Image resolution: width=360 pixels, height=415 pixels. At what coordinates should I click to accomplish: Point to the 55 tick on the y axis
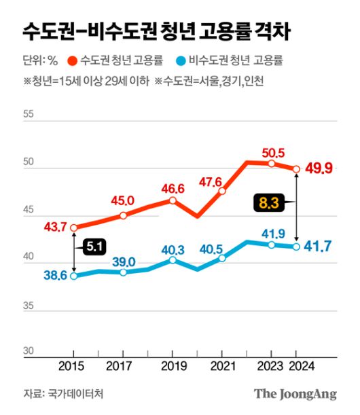pyautogui.click(x=29, y=115)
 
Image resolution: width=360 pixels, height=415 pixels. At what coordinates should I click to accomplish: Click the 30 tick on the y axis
pyautogui.click(x=29, y=351)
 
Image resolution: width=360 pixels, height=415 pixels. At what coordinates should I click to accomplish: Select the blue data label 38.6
pyautogui.click(x=55, y=276)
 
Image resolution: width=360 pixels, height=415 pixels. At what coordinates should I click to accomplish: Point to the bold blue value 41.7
pyautogui.click(x=318, y=246)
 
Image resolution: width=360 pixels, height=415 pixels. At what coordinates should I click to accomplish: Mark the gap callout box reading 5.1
pyautogui.click(x=94, y=249)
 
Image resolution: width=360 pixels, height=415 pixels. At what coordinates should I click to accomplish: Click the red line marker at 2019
pyautogui.click(x=173, y=200)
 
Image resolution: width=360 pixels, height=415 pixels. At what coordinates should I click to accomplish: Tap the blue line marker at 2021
pyautogui.click(x=222, y=259)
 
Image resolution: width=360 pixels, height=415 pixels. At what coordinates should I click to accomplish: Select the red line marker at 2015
pyautogui.click(x=73, y=228)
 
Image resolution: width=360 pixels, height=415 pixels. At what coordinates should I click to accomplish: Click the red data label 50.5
pyautogui.click(x=272, y=151)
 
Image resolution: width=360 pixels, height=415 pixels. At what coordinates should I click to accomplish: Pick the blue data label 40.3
pyautogui.click(x=173, y=247)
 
